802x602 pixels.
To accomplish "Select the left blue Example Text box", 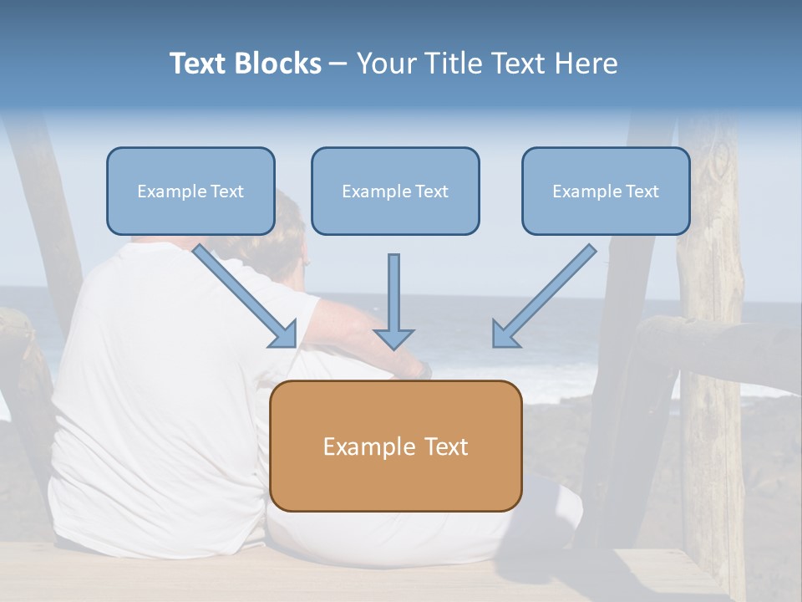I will click(190, 191).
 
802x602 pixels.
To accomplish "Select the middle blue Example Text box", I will click(395, 191).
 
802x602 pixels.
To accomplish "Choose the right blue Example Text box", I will click(606, 191).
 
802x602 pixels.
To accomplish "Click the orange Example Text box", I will click(395, 446).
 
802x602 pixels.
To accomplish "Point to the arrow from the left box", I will click(242, 293).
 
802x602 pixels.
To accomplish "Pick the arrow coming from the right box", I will click(547, 293).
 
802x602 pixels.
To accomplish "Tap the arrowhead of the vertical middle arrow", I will click(394, 339).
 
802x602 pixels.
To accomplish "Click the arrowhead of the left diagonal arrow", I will click(286, 336).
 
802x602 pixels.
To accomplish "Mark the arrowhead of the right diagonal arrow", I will click(504, 335).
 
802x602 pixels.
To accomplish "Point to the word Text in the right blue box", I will click(641, 191).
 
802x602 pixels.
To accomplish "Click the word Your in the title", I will click(387, 64).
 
